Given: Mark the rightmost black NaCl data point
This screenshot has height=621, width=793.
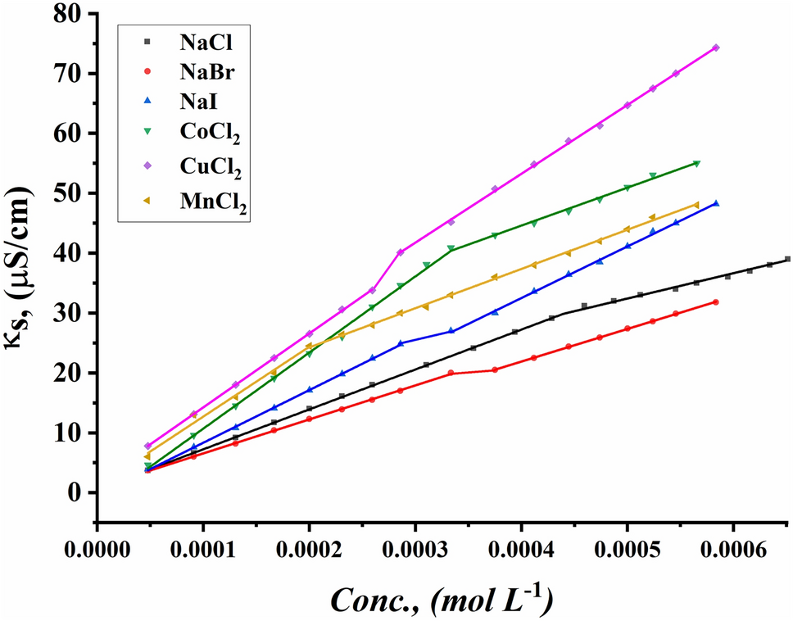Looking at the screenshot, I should [x=787, y=259].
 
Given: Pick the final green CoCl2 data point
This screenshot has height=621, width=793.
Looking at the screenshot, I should [x=696, y=163].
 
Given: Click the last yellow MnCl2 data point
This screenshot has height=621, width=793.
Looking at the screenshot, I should [x=696, y=205].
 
